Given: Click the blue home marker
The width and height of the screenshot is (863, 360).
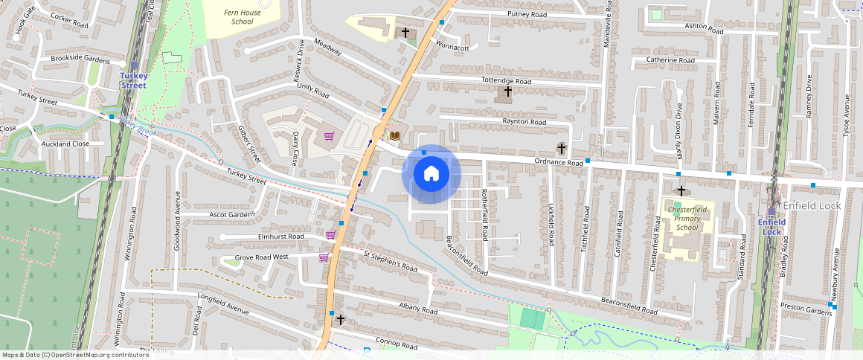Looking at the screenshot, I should (431, 174).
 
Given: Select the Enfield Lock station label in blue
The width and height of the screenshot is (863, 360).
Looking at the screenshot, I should (771, 226).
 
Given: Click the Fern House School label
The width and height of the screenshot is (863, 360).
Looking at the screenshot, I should (243, 16).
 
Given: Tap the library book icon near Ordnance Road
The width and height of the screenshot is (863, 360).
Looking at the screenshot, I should (395, 135).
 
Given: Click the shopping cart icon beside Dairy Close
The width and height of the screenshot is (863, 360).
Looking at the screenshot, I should (328, 135).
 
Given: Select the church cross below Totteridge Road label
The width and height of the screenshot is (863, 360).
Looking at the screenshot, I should (508, 91).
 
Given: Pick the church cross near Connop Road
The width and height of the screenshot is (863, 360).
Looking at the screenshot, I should (341, 319).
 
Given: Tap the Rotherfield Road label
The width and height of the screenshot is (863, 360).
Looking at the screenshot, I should (484, 213).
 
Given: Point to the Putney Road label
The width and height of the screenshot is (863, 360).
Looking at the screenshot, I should (526, 15).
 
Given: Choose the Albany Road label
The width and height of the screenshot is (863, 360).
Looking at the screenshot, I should (417, 309).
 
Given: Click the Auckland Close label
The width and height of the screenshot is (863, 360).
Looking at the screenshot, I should (65, 144).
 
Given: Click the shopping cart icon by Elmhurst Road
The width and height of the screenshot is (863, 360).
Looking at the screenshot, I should (330, 235).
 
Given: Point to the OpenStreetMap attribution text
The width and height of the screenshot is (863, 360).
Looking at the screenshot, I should (76, 355).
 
